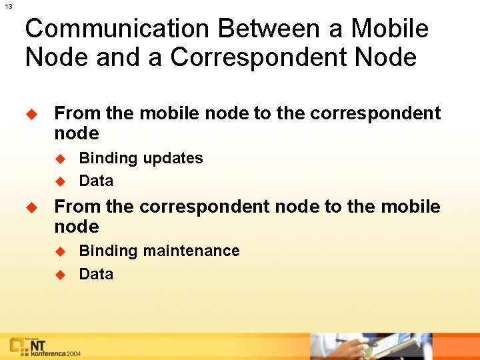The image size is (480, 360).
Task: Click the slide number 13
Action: point(8,6)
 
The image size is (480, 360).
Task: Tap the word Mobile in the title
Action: point(390,29)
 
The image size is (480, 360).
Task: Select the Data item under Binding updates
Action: point(96,181)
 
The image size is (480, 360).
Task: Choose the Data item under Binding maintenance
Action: point(96,274)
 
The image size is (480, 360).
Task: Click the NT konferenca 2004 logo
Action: point(44,347)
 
